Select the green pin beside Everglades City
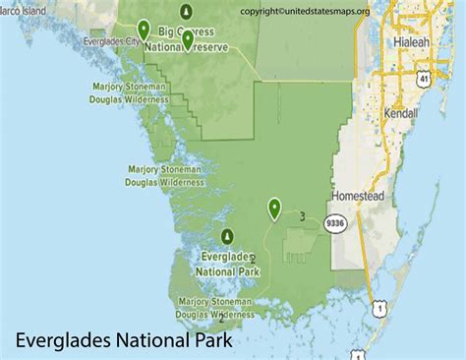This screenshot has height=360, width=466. (x=145, y=30)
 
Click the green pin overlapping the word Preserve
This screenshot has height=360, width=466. (x=187, y=39)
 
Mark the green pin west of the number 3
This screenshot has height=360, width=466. (x=275, y=208)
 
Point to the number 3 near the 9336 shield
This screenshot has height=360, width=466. (x=302, y=216)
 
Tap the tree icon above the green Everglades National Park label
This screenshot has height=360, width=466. (x=228, y=236)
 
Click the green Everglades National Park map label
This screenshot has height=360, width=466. (x=227, y=263)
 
